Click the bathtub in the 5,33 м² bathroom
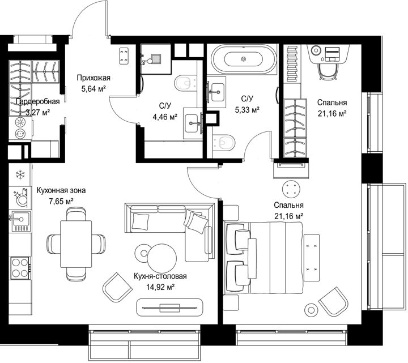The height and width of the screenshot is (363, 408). point(243,59)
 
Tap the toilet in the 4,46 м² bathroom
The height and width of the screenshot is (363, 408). point(185,83)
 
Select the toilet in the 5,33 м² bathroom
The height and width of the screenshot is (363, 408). point(224,143)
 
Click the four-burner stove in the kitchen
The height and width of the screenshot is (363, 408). point(20,268)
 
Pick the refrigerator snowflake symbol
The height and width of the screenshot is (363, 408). point(20,174)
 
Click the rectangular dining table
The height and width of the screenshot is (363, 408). point(76,244)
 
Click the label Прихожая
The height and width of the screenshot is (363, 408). point(93,78)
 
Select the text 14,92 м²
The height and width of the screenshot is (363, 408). point(160,287)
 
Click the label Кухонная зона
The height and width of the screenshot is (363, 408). point(61,190)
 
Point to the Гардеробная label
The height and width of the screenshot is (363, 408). point(38,101)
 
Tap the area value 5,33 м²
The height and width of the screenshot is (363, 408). point(247,110)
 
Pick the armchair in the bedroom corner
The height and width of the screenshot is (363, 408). point(333,301)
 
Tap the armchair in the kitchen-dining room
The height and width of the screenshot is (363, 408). point(118,287)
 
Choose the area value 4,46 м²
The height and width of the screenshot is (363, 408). point(165,117)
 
